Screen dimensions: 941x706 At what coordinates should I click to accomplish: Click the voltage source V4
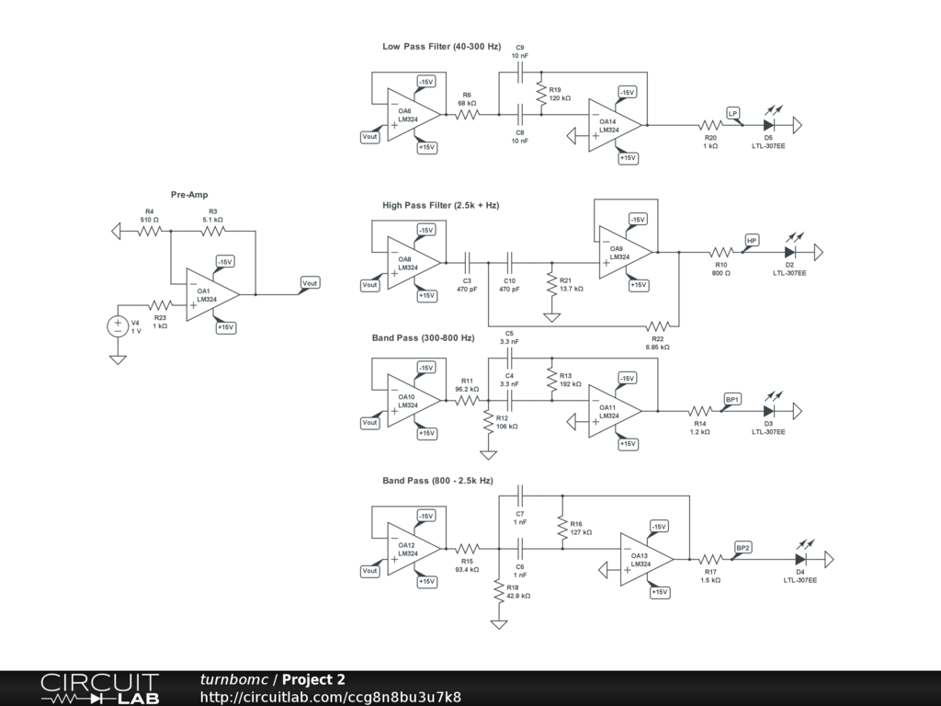click(118, 326)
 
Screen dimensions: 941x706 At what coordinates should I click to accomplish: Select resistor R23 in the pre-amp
click(160, 305)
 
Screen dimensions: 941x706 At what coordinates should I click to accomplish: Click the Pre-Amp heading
click(189, 195)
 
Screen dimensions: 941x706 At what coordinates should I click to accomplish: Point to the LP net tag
click(732, 113)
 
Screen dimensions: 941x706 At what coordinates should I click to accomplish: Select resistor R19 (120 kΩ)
click(541, 93)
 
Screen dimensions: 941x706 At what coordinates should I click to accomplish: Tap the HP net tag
click(752, 240)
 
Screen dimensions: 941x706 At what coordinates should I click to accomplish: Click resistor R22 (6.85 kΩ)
click(658, 326)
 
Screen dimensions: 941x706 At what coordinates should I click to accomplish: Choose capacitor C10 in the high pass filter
click(509, 262)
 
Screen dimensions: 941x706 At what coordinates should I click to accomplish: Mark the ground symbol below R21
click(551, 317)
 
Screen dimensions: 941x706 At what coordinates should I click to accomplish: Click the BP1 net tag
click(732, 399)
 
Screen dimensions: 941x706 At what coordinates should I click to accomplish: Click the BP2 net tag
click(743, 548)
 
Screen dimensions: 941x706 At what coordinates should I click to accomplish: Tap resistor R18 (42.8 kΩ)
click(499, 591)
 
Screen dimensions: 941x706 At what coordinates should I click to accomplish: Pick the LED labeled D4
click(800, 560)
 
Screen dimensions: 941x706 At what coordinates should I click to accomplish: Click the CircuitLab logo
click(99, 689)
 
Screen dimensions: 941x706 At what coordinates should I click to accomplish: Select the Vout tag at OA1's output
click(310, 283)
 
